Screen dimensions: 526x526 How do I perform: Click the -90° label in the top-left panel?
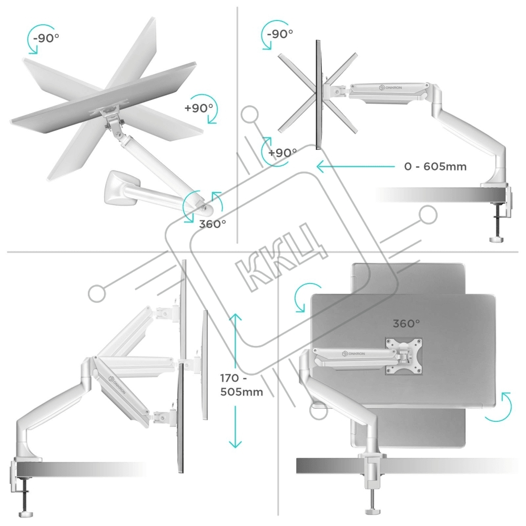tap(46, 37)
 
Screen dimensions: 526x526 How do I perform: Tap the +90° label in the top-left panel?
tap(199, 108)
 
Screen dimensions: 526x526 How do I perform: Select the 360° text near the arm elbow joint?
tap(213, 224)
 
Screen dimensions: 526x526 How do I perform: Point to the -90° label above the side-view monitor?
tap(280, 34)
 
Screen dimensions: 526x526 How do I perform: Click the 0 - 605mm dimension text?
tap(435, 166)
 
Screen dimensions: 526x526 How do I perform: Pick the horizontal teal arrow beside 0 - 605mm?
tap(356, 166)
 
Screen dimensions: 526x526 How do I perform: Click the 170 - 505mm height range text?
tap(241, 385)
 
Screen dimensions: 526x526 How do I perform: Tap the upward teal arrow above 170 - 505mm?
tap(236, 341)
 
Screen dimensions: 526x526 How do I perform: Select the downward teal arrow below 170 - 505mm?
tap(236, 427)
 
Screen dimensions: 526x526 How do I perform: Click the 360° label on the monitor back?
tap(406, 323)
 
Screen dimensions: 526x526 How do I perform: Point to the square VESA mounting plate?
tap(403, 356)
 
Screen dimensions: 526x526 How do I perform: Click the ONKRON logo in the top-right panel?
tap(390, 87)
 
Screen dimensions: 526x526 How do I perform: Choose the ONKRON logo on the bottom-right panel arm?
tap(353, 353)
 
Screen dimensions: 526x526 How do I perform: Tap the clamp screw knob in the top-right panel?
tap(497, 239)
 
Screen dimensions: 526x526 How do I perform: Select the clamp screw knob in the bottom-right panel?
tap(372, 512)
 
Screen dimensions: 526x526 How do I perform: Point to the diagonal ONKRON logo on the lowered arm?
tap(117, 385)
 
